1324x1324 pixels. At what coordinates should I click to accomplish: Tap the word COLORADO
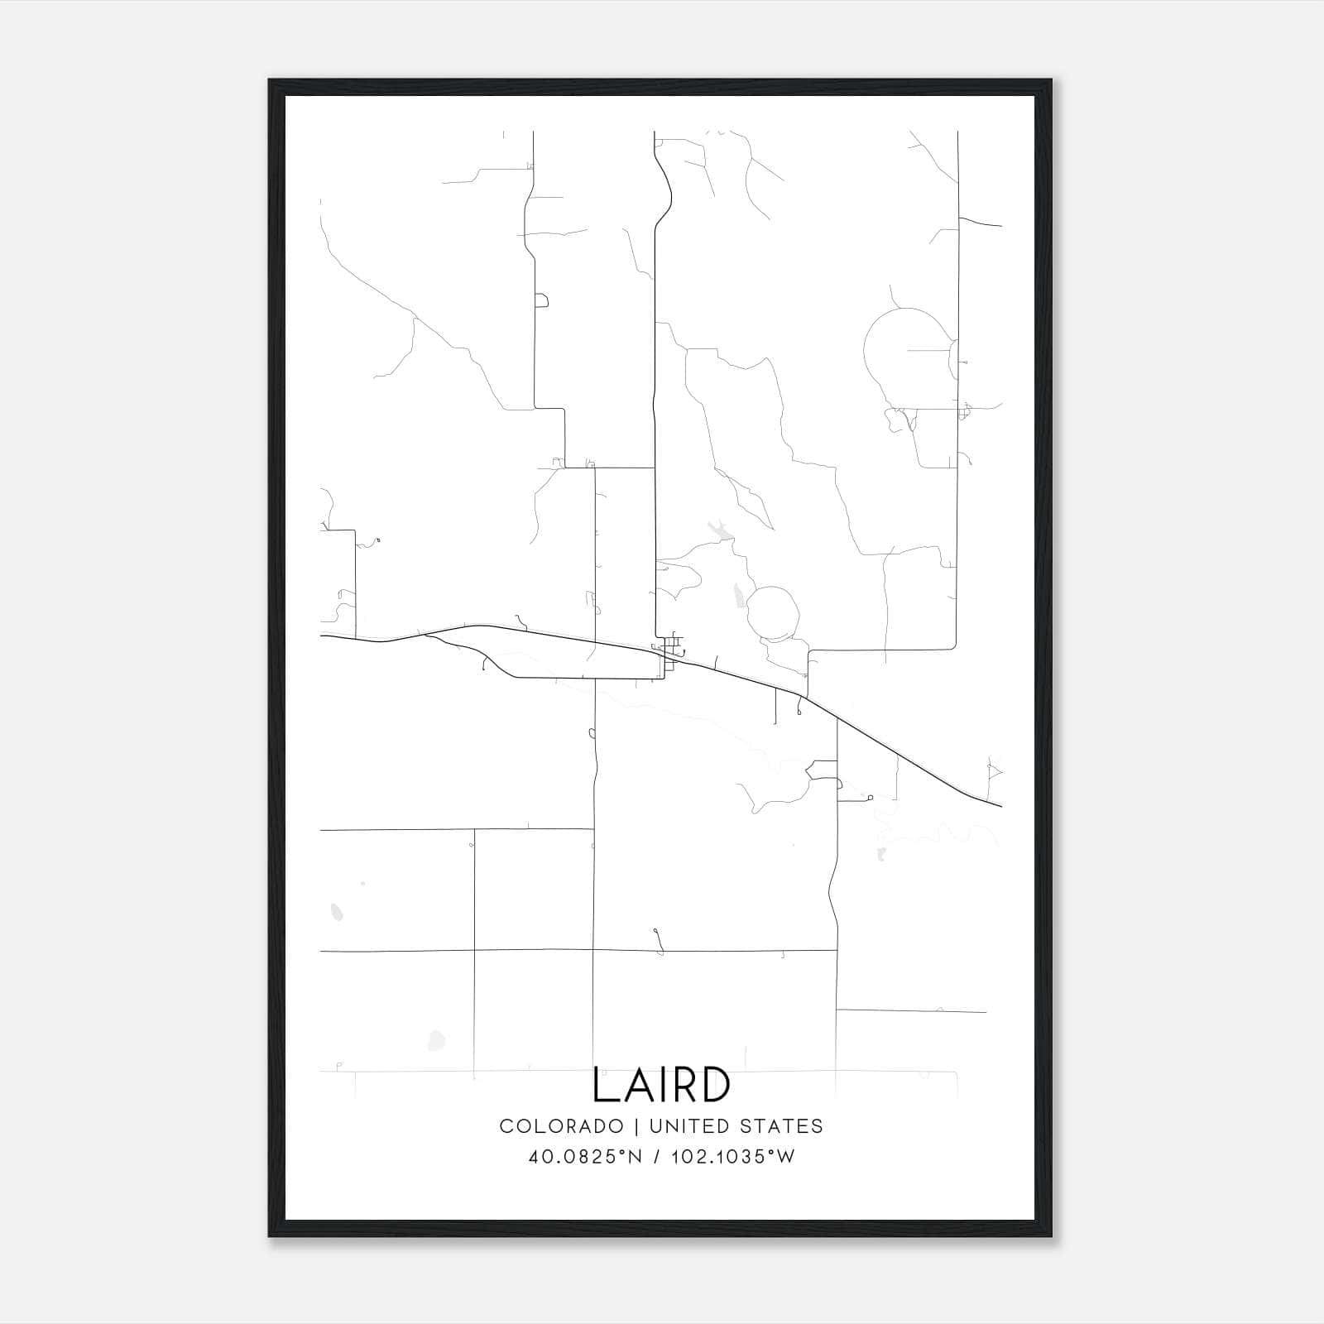click(x=562, y=1126)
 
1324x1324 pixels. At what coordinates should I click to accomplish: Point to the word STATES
click(x=782, y=1126)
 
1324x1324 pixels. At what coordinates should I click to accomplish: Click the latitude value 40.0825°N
click(x=585, y=1157)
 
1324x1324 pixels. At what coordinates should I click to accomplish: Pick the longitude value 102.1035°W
click(x=733, y=1157)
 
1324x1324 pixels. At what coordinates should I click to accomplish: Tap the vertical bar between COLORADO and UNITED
click(x=637, y=1126)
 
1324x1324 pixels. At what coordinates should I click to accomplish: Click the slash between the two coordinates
click(x=655, y=1157)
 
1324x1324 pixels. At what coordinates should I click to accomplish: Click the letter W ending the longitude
click(x=785, y=1157)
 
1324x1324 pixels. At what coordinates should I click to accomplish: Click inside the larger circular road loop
click(x=906, y=348)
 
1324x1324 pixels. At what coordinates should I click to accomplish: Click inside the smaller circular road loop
click(x=773, y=613)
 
